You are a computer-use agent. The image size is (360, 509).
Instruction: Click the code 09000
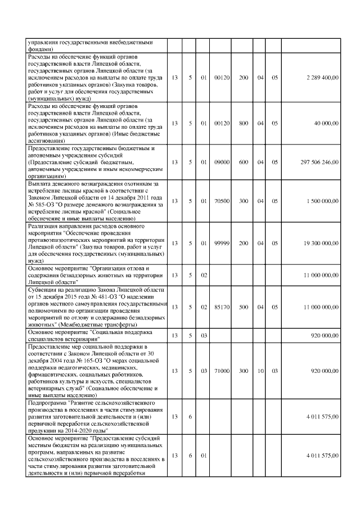pyautogui.click(x=222, y=162)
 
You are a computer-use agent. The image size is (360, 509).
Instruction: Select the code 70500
pyautogui.click(x=222, y=201)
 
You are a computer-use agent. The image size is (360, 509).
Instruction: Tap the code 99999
pyautogui.click(x=222, y=244)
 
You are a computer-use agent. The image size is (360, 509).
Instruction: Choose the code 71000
pyautogui.click(x=222, y=371)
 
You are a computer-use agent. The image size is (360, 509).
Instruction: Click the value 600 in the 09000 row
pyautogui.click(x=244, y=162)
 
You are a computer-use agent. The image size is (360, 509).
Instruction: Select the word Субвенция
pyautogui.click(x=44, y=289)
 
